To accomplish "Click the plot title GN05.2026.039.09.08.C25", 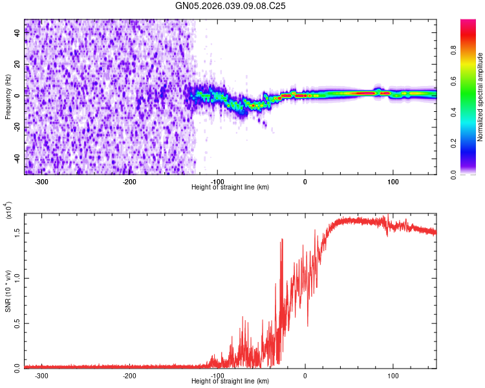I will [231, 6].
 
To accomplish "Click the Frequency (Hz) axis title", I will [8, 97].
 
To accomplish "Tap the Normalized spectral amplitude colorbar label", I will [480, 97].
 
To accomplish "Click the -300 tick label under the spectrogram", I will [42, 182].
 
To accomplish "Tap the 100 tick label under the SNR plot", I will [393, 375].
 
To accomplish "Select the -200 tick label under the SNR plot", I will [129, 375].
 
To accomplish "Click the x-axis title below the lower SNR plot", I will [231, 382].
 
